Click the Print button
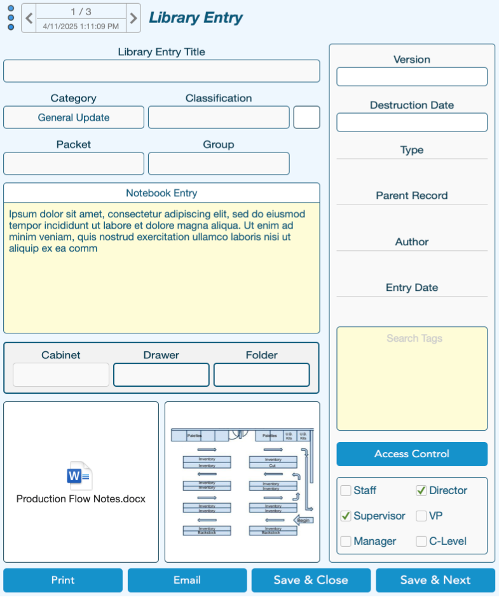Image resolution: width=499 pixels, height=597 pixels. [63, 580]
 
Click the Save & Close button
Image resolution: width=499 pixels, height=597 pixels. [311, 580]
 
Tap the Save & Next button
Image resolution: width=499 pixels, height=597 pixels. [435, 580]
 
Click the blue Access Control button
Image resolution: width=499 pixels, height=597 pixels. [412, 454]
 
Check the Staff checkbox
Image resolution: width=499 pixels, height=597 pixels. [346, 490]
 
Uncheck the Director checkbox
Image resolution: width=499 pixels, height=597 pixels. [421, 490]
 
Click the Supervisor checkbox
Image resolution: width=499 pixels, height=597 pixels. [346, 516]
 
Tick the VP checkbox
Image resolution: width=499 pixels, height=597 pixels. [421, 516]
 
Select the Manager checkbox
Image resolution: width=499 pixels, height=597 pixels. [346, 541]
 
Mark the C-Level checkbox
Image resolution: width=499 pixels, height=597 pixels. [421, 541]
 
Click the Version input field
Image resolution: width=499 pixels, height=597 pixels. [412, 77]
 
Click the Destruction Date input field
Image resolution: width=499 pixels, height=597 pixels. [412, 123]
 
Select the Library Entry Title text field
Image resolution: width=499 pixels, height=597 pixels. [161, 71]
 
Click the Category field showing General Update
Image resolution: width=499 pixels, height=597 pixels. [74, 117]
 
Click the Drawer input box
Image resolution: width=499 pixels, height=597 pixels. [161, 375]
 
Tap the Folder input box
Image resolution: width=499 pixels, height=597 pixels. [262, 375]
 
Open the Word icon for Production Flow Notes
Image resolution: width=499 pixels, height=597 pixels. [80, 476]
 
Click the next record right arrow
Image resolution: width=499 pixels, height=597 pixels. [133, 18]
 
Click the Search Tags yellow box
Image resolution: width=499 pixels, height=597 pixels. [412, 379]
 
